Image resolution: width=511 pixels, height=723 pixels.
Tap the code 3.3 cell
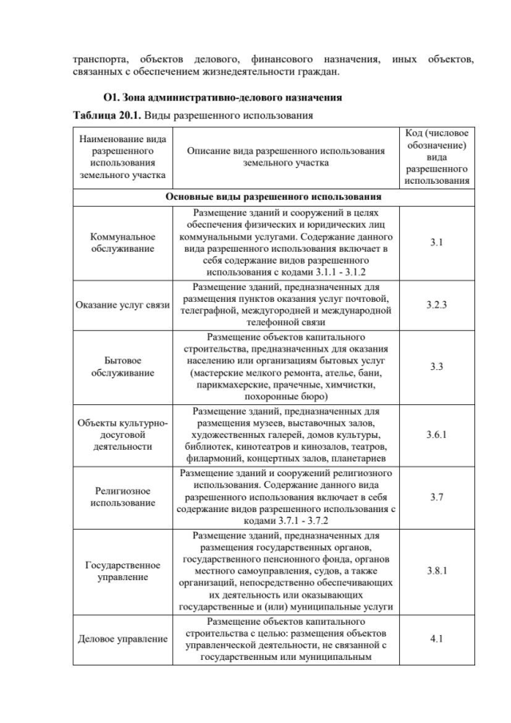coord(436,367)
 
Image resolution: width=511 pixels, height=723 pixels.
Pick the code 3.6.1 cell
coord(436,434)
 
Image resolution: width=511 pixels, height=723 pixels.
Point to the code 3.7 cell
coord(436,496)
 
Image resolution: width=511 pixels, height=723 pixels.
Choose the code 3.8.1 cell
coord(436,571)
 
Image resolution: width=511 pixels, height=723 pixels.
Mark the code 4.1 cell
coord(436,639)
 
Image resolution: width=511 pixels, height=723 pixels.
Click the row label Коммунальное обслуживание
coord(121,242)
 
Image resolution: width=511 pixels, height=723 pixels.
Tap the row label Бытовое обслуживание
coord(121,367)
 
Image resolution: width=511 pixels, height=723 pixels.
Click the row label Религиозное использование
coord(121,496)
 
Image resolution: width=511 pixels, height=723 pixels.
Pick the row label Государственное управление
coord(121,571)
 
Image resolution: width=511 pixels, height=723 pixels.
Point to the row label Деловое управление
coord(121,639)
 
